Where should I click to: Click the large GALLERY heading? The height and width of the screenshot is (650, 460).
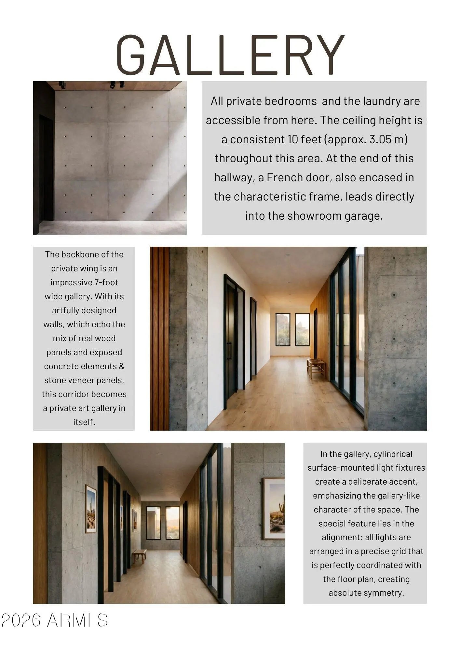(x=230, y=55)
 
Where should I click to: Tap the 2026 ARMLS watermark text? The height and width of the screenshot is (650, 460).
(x=55, y=620)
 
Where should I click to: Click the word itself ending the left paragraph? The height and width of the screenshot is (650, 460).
(x=84, y=422)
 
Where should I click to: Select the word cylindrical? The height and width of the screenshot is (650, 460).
(x=393, y=454)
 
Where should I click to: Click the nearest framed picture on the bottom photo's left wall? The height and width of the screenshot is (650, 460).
(x=91, y=509)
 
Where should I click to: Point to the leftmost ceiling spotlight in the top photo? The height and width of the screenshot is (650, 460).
(x=62, y=85)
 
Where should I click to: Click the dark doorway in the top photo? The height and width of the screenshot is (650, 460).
(x=46, y=169)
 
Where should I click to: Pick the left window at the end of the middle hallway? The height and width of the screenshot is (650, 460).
(x=283, y=330)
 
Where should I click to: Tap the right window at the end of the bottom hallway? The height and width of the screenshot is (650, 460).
(x=172, y=523)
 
